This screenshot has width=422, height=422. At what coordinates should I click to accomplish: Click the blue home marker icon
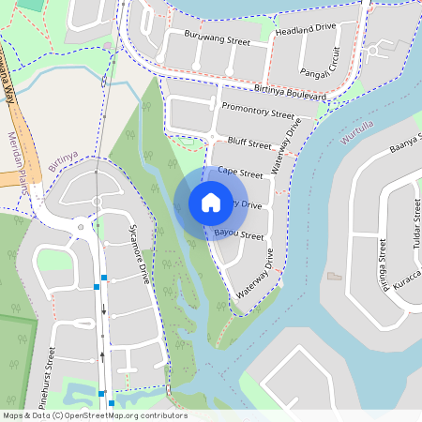coord(211,203)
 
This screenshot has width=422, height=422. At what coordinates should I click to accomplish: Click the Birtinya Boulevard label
coord(290,93)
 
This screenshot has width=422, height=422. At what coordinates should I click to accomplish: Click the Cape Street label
coord(240,173)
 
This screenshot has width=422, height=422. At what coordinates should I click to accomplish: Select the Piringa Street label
coord(382,265)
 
